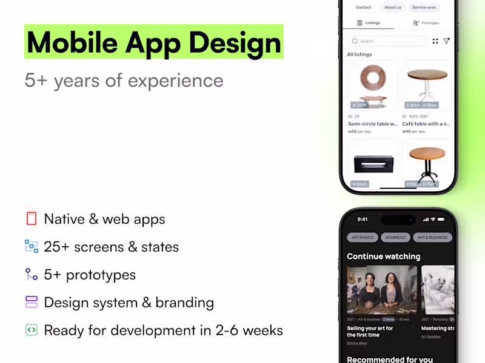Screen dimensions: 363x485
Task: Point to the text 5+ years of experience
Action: click(x=124, y=80)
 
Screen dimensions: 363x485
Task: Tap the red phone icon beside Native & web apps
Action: click(x=32, y=218)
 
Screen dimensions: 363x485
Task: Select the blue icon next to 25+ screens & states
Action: click(x=32, y=246)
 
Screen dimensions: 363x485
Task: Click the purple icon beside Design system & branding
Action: click(x=32, y=302)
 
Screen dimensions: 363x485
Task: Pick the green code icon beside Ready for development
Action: click(x=32, y=330)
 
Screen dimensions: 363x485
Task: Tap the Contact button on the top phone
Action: click(x=363, y=7)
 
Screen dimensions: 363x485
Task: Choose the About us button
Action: click(x=393, y=7)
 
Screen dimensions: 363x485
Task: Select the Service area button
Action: click(x=424, y=7)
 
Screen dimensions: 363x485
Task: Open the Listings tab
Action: click(x=369, y=23)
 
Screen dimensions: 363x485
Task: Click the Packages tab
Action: click(x=426, y=23)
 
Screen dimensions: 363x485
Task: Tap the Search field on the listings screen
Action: click(x=388, y=41)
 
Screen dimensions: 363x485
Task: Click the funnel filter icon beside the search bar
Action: click(x=447, y=41)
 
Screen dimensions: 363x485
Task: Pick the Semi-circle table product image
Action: click(x=373, y=85)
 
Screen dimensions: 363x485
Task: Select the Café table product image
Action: click(x=427, y=85)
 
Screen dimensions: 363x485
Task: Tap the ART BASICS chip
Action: click(x=362, y=237)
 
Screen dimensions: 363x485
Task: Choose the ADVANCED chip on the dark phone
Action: click(x=395, y=237)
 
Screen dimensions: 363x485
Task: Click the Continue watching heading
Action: click(x=383, y=257)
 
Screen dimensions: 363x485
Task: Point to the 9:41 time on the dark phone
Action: click(x=363, y=219)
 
